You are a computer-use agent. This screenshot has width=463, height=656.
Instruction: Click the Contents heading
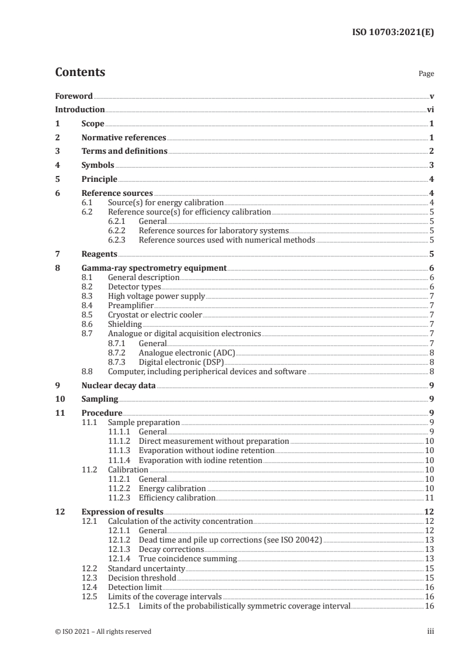pos(80,73)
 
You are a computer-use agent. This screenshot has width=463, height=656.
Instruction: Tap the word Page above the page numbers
pos(426,74)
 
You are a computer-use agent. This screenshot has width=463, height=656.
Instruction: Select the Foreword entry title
pos(74,95)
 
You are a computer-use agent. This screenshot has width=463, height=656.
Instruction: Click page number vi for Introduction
pos(430,109)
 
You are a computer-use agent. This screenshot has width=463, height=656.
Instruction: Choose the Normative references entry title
pos(124,137)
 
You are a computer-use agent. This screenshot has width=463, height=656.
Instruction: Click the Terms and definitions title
pos(124,151)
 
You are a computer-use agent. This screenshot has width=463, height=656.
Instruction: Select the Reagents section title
pos(99,254)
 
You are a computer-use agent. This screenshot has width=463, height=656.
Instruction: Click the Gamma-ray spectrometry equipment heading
pos(154,268)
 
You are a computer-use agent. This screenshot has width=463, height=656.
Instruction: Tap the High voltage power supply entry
pos(156,296)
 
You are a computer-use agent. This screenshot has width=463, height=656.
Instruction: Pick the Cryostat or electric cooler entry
pos(155,315)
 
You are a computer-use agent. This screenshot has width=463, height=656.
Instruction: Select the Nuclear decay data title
pos(119,385)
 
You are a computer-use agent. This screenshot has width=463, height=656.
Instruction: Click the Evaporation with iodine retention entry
pos(200,461)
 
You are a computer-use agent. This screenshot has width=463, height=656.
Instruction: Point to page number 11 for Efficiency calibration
pos(429,498)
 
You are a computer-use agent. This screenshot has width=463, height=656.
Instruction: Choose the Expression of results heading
pos(122,512)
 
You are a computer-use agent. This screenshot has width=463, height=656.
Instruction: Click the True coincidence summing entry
pos(187,558)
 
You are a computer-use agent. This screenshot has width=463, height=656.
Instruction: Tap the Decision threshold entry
pos(142,577)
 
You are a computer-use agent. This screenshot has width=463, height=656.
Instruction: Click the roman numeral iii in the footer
pos(430,631)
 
